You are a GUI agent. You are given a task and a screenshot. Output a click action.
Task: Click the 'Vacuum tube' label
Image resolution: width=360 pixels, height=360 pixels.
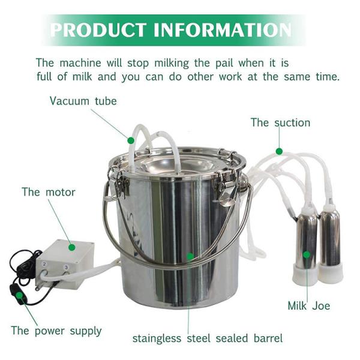click(x=83, y=101)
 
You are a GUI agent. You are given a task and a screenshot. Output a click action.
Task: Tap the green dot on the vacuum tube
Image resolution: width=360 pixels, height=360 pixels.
click(x=131, y=140)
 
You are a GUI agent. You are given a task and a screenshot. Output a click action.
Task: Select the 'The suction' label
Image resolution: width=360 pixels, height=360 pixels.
click(x=280, y=122)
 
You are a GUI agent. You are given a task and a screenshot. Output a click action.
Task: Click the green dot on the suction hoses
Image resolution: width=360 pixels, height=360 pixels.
click(x=279, y=151)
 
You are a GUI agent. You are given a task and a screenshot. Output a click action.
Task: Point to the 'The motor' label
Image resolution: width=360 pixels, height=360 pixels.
click(x=49, y=192)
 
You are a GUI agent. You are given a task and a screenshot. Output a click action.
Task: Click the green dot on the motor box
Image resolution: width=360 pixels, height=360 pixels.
click(x=72, y=247)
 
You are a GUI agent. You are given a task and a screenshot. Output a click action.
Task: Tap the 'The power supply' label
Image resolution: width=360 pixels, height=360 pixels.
click(x=56, y=331)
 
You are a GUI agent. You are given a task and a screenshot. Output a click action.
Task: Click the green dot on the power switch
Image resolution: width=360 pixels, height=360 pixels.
click(x=19, y=295)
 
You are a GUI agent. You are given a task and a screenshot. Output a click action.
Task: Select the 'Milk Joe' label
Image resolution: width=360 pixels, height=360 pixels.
click(x=309, y=306)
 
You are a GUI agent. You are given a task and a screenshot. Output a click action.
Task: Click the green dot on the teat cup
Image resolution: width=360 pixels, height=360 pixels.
click(x=306, y=254)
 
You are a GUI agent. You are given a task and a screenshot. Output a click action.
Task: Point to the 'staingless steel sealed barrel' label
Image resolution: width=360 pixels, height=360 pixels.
click(x=208, y=338)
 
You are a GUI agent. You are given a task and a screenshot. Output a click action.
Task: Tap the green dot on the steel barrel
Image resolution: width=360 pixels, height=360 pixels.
click(x=190, y=256)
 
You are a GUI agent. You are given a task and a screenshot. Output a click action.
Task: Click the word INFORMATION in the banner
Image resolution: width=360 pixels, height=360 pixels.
click(x=223, y=30)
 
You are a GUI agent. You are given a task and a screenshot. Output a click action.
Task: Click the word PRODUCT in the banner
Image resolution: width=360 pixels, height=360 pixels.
click(x=98, y=30)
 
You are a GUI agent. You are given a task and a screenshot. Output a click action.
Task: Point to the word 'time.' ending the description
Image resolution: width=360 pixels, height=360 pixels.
click(x=328, y=77)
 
